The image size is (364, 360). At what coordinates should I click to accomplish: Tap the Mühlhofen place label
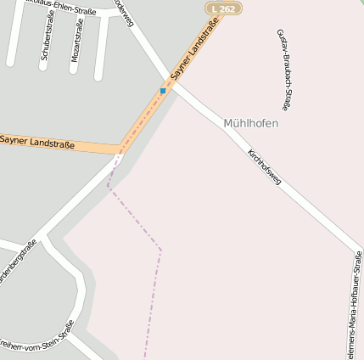(x=250, y=123)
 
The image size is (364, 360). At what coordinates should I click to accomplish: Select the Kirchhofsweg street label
(x=264, y=167)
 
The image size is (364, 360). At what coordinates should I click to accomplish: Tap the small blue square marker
(x=163, y=90)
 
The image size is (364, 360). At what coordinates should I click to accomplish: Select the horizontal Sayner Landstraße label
(x=37, y=142)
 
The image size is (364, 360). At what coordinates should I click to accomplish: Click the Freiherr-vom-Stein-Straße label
(x=38, y=340)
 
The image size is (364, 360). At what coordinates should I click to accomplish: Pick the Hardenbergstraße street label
(x=17, y=271)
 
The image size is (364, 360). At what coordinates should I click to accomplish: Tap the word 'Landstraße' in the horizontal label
(x=52, y=143)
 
